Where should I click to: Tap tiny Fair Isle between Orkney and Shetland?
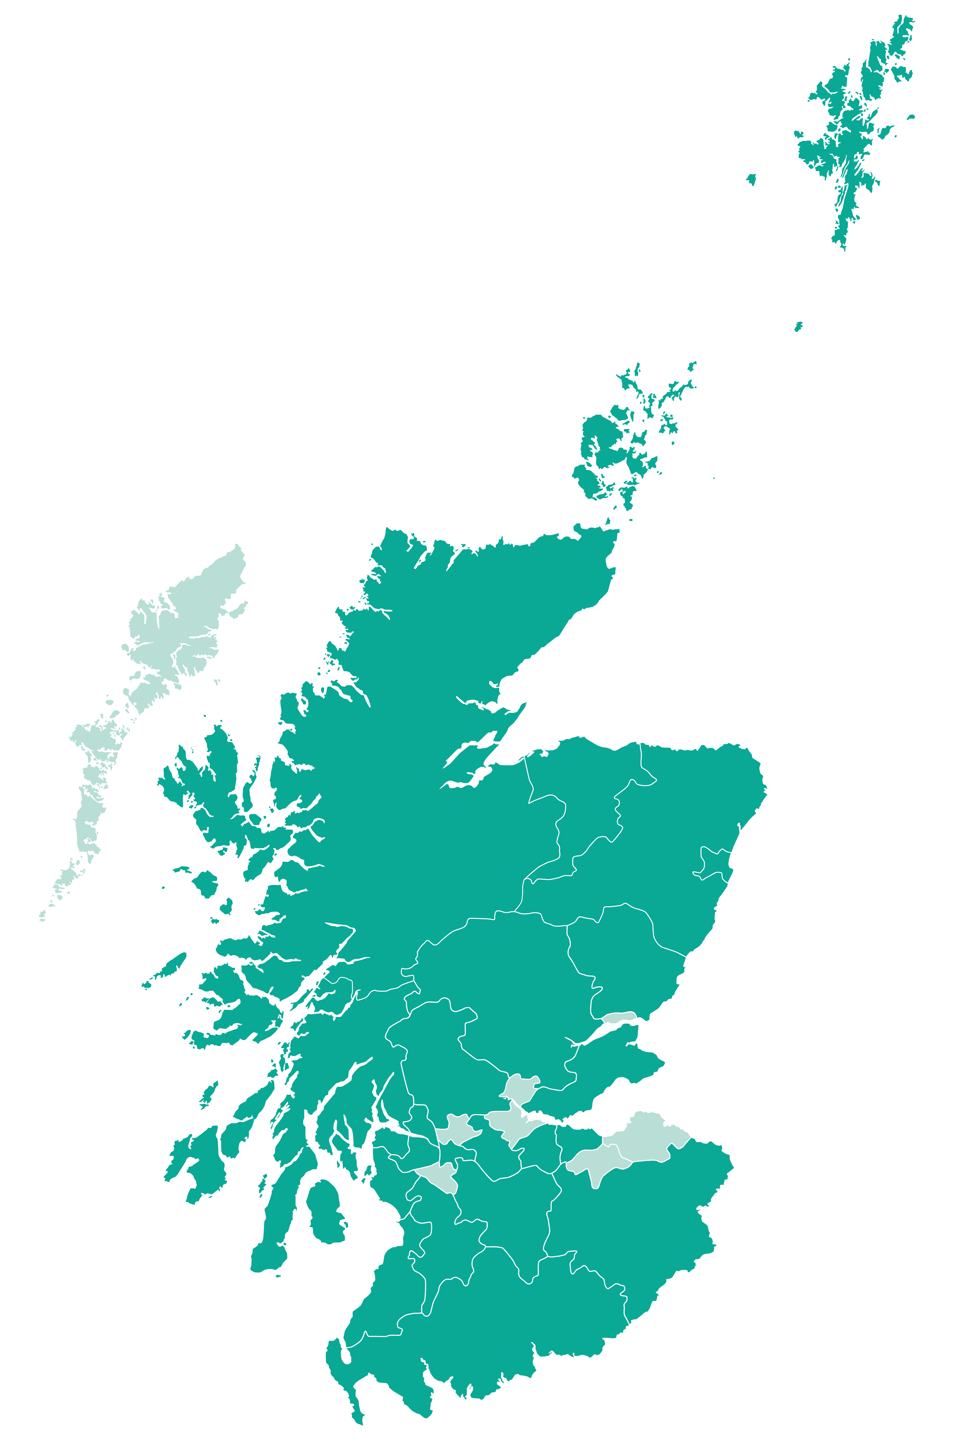[x=798, y=327]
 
